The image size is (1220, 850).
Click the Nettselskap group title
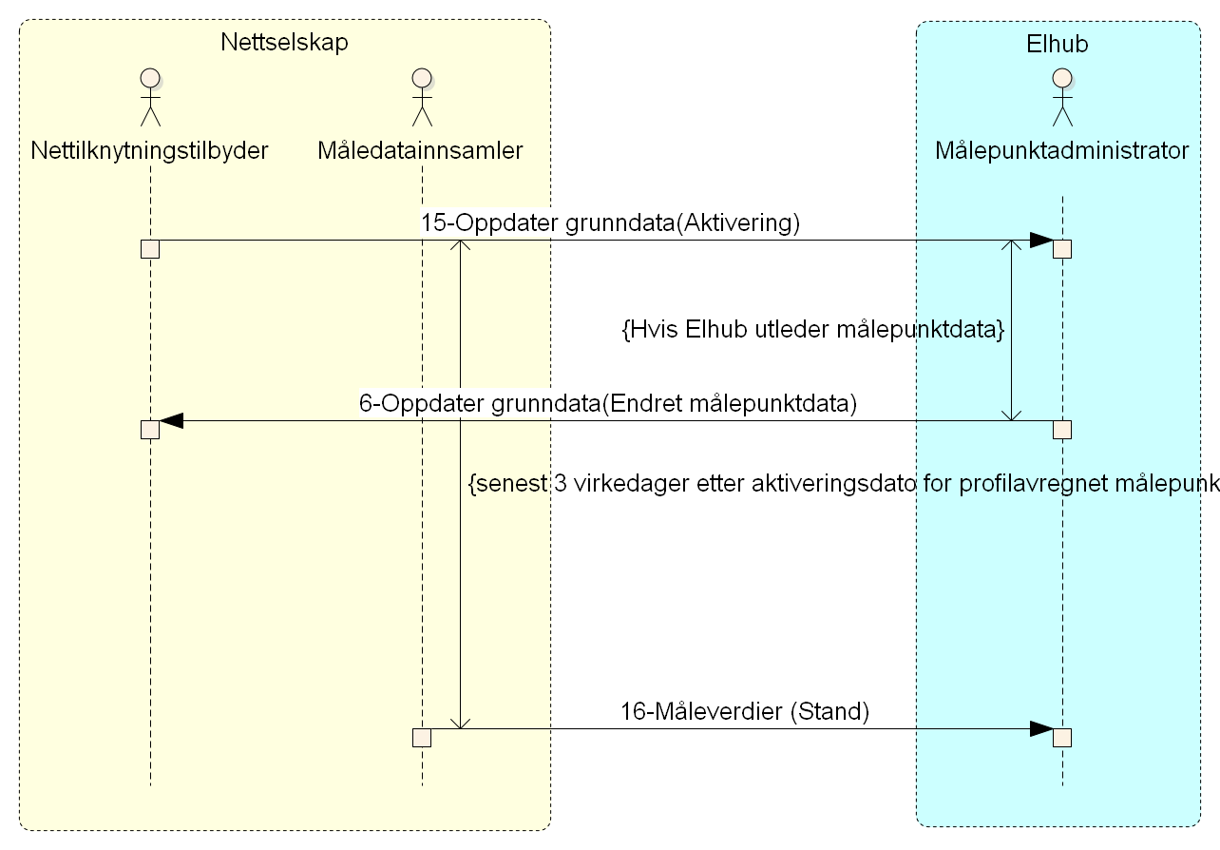pos(284,43)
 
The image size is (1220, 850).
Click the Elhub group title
pos(1057,44)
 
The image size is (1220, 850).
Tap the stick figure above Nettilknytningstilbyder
pos(150,97)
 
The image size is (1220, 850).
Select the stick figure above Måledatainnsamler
pos(421,97)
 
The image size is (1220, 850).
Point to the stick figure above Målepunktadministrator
pos(1061,97)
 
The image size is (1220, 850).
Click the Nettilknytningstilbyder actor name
pos(150,150)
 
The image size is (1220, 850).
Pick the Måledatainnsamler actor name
pos(421,150)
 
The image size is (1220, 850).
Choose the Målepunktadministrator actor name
pos(1061,150)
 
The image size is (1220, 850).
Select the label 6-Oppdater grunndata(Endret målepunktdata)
pos(608,403)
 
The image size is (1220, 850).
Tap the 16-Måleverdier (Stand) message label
pos(745,711)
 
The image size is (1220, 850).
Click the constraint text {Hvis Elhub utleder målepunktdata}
pos(812,330)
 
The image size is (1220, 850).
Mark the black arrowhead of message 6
pos(172,421)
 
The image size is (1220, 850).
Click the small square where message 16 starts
pos(422,738)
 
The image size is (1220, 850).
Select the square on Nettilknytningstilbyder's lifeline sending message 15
pos(150,249)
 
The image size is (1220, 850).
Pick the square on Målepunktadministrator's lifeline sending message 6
pos(1062,430)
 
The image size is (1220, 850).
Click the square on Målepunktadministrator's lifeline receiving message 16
pos(1062,738)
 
